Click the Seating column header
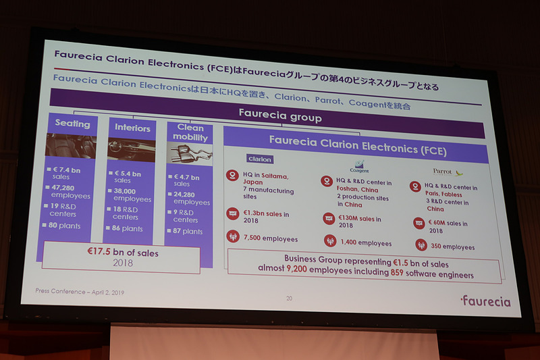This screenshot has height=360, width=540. point(72,124)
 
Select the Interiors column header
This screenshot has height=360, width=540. point(132,127)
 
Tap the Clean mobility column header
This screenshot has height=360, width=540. point(190,132)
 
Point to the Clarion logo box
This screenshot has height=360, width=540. point(260,159)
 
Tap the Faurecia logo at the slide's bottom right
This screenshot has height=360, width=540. point(485,301)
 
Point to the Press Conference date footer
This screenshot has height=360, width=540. point(80,292)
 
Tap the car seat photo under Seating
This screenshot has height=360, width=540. point(72,145)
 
